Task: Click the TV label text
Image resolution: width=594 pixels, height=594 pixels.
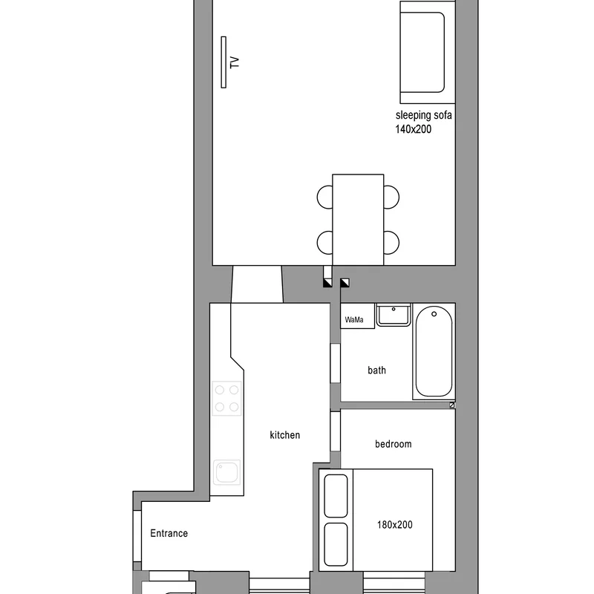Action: coord(235,62)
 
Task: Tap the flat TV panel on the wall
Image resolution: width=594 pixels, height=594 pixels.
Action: coord(223,62)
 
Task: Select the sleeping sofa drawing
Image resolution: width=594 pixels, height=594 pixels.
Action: coord(428,52)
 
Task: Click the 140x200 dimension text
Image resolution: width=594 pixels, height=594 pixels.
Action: coord(414,129)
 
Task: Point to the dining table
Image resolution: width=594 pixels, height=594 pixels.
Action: coord(358,220)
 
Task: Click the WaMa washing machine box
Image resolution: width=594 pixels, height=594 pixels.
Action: coord(358,316)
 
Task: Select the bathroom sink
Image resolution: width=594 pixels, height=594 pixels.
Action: coord(394,314)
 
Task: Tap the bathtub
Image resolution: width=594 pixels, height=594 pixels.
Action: coord(434,351)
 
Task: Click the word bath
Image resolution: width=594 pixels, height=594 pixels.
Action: coord(377,370)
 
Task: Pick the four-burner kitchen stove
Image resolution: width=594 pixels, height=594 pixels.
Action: coord(227,398)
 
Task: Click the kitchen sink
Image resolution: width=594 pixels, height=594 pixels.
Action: coord(227,472)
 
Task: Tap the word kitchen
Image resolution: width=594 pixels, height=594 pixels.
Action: coord(285,435)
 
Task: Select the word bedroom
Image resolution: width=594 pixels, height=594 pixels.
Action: coord(394,444)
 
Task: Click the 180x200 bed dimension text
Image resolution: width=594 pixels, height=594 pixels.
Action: coord(395,525)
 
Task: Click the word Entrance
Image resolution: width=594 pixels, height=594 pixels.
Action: coord(169,533)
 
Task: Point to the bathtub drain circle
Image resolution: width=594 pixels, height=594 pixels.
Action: coord(434,314)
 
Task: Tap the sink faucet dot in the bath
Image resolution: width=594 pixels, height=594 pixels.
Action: coord(394,309)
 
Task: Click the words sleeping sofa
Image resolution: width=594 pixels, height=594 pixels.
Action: coord(423,115)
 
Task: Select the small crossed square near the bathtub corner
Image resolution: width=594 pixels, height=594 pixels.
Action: coord(452,405)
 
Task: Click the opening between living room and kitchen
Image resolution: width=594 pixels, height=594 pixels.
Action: coord(257,284)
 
